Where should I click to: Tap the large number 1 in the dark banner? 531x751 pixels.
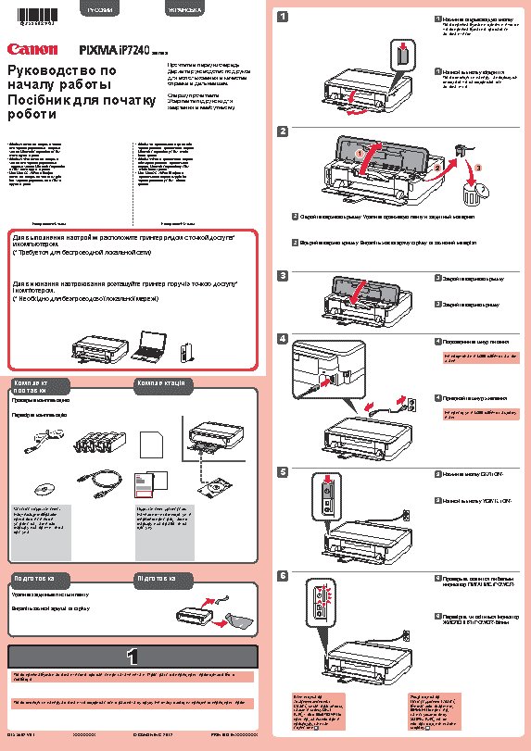point(133,656)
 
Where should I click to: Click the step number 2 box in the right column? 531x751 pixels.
point(283,131)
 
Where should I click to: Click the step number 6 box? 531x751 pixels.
point(283,575)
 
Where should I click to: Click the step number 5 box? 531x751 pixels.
point(283,471)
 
